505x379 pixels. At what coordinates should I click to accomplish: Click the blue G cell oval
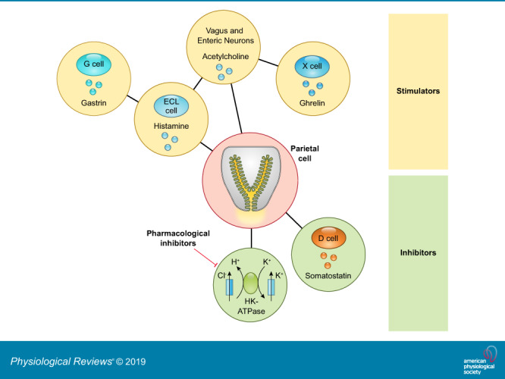(x=93, y=66)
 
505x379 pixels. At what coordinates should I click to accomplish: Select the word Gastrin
(x=93, y=102)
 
